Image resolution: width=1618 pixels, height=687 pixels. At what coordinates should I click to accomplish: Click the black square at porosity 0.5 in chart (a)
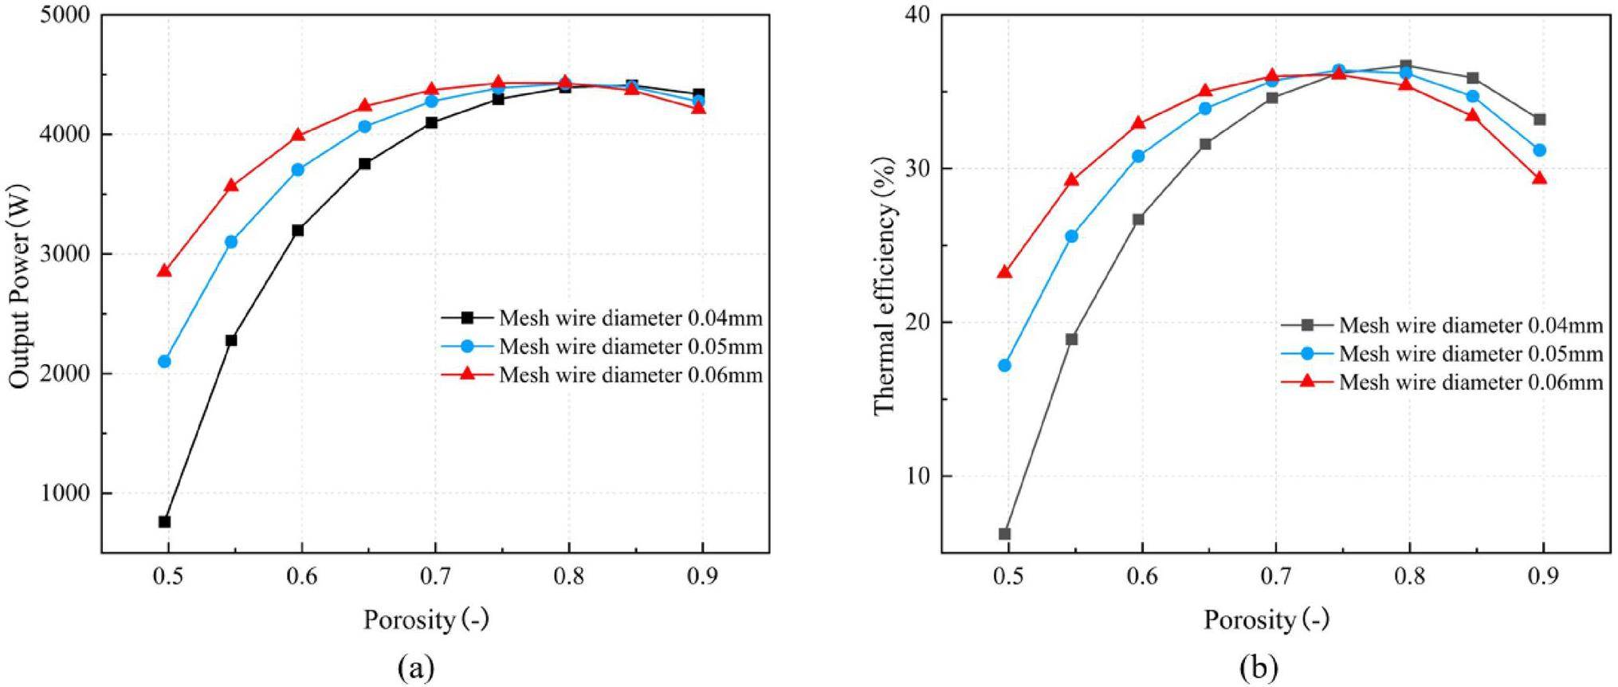pos(165,521)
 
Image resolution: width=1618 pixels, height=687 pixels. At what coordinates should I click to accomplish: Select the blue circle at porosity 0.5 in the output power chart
pos(165,361)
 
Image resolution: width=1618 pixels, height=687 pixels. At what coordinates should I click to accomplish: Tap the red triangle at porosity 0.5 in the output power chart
pos(165,271)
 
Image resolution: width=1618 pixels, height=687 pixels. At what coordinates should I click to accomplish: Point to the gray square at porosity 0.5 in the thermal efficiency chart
pos(1004,533)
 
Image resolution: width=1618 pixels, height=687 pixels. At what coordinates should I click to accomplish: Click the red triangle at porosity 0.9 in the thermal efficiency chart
pos(1539,179)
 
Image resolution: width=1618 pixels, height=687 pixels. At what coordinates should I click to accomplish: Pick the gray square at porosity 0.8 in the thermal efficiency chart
pos(1405,65)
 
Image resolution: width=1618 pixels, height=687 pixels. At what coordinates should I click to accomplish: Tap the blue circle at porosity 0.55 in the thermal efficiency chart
pos(1071,236)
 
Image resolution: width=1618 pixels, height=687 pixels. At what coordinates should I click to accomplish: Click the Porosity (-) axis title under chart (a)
pos(426,619)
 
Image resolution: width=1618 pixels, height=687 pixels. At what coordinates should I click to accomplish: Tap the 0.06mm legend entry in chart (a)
pos(630,375)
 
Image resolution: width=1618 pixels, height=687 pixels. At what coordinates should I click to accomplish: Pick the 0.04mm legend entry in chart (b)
pos(1471,325)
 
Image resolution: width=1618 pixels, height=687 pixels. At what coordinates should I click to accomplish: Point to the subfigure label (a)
pos(415,666)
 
